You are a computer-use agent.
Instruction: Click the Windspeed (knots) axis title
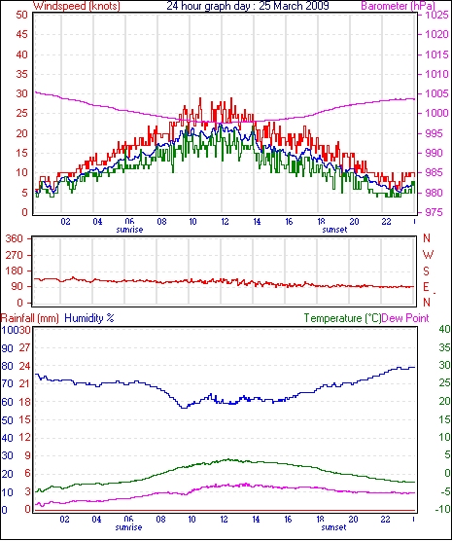click(77, 6)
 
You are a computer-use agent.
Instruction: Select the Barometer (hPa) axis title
click(399, 6)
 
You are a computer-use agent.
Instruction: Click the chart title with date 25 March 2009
click(248, 6)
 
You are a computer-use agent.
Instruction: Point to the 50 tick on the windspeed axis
click(21, 15)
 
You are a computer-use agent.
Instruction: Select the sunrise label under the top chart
click(129, 230)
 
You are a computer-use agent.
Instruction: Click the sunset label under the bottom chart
click(333, 527)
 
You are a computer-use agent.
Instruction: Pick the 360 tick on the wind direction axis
click(15, 238)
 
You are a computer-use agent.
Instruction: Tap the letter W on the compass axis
click(428, 255)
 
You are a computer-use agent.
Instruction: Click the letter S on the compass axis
click(427, 271)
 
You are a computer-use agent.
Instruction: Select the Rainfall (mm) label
click(29, 318)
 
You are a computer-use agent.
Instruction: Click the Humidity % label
click(89, 318)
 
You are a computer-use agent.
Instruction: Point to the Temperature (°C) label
click(342, 318)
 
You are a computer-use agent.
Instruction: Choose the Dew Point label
click(405, 318)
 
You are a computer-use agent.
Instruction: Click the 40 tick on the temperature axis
click(445, 329)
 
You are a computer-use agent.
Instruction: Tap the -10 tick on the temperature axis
click(442, 509)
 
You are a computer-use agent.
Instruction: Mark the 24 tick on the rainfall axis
click(25, 366)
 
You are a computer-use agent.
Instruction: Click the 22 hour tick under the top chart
click(386, 221)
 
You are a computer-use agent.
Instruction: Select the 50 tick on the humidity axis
click(7, 420)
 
